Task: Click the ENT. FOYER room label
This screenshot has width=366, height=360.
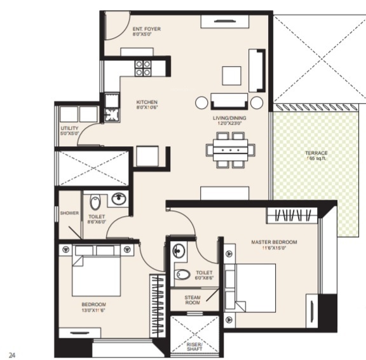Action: point(146,29)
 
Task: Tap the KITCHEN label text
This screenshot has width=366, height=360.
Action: point(147,102)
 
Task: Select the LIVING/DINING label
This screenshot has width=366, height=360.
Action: point(229,118)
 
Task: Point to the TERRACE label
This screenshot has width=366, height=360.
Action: point(315,153)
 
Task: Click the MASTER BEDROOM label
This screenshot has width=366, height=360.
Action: point(274,242)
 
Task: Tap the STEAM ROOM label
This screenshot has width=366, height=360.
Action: point(193,300)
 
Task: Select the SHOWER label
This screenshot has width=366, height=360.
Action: point(69,213)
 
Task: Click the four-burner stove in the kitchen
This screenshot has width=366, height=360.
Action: point(143,67)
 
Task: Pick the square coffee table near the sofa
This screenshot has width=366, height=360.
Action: point(231,76)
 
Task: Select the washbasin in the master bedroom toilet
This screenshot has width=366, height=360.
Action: point(179,249)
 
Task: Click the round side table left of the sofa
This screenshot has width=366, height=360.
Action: point(202,102)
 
